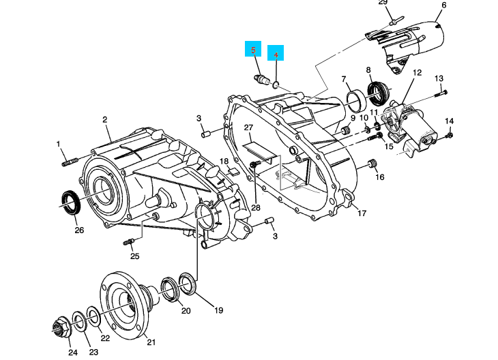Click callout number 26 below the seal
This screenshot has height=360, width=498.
tap(79, 230)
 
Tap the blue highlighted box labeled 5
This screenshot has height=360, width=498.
tap(254, 51)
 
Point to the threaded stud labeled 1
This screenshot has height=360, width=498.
tap(71, 162)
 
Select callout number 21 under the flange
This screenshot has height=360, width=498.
tap(151, 342)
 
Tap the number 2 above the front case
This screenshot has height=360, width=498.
tap(105, 119)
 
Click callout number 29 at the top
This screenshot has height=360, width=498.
tap(383, 3)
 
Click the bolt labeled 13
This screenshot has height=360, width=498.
tap(441, 91)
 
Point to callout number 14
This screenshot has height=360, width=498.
tap(449, 121)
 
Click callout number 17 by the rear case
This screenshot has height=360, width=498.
tap(362, 213)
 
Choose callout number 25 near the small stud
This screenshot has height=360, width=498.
tap(134, 256)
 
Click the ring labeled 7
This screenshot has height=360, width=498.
tap(354, 100)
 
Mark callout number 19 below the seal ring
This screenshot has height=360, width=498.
tap(218, 310)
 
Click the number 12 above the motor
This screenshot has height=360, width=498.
tap(417, 72)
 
